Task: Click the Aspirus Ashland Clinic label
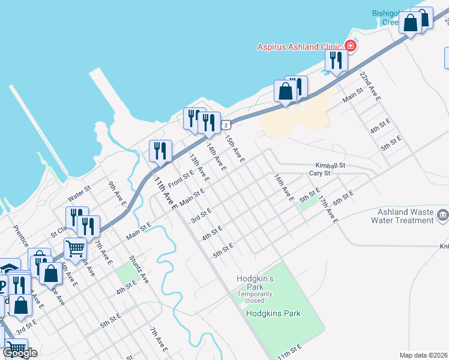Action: tap(300, 47)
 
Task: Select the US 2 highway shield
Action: tap(225, 124)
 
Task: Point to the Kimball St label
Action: tap(331, 165)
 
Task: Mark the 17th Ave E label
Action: tap(330, 209)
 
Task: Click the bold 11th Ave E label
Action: tap(164, 193)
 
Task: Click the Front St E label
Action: tap(179, 178)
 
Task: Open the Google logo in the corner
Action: tap(19, 353)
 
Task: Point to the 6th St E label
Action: tap(342, 198)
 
